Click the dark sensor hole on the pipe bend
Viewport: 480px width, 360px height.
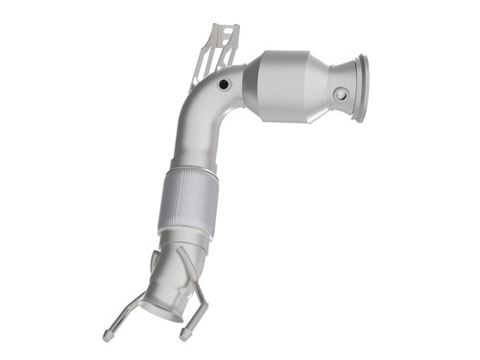tap(224, 85)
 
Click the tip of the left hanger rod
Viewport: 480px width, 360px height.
tap(107, 336)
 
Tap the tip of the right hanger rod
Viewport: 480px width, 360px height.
tap(183, 335)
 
